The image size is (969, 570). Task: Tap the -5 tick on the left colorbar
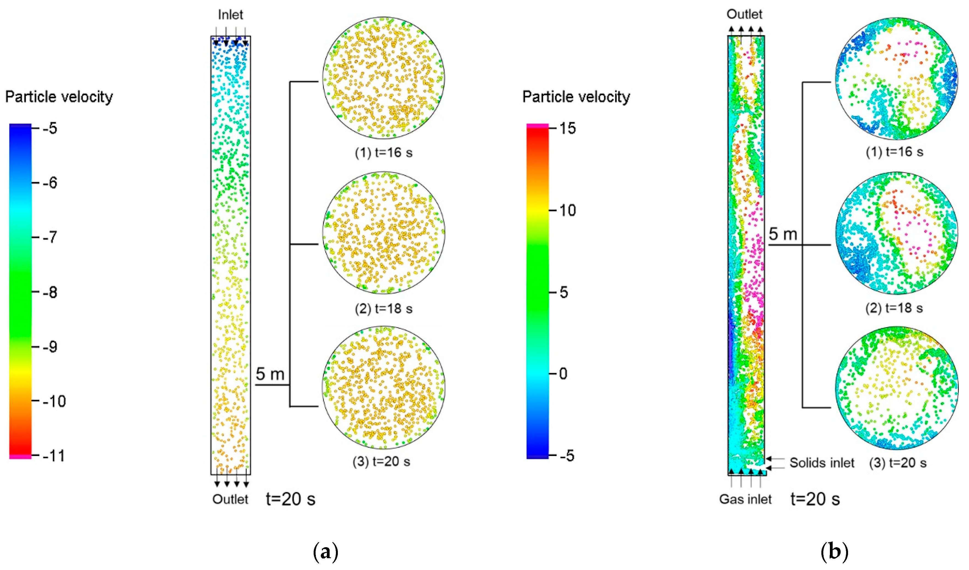point(49,128)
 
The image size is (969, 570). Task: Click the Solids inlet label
point(822,463)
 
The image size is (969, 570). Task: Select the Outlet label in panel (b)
point(744,14)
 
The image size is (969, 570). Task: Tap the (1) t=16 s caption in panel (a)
point(383,152)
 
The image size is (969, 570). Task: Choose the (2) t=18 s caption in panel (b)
point(894,308)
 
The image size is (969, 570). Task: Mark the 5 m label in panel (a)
point(270,374)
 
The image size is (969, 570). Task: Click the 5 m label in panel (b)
point(783,234)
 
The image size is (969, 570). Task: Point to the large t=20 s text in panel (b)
point(815,499)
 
